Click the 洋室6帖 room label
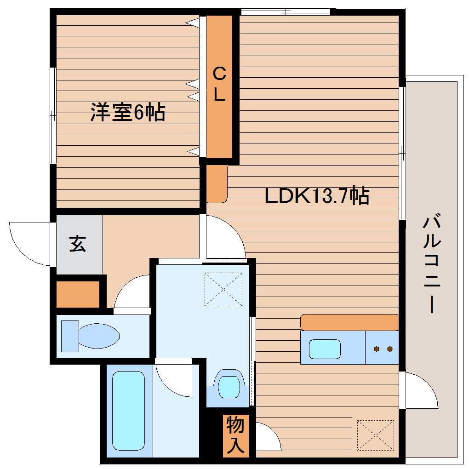(127, 113)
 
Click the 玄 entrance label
(78, 244)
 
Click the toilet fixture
(92, 335)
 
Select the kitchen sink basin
(324, 349)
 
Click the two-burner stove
(383, 349)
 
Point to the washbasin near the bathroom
(229, 385)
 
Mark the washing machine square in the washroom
(223, 289)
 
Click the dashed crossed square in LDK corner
(375, 435)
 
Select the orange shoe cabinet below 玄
(78, 294)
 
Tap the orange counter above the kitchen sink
(349, 322)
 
